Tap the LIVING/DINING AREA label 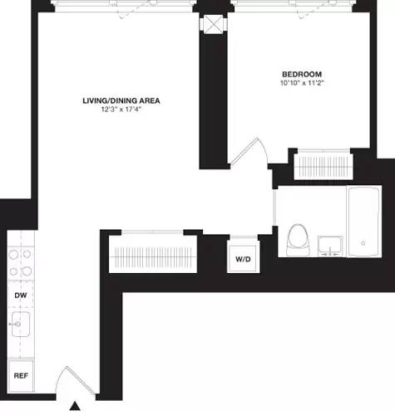click(121, 100)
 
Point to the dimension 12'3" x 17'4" click(121, 110)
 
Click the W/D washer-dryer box click(242, 259)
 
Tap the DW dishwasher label click(19, 295)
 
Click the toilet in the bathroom click(295, 241)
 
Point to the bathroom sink click(329, 246)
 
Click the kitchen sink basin click(21, 324)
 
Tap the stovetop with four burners click(19, 262)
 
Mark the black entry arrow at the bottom click(75, 406)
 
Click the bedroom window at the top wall click(299, 7)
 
